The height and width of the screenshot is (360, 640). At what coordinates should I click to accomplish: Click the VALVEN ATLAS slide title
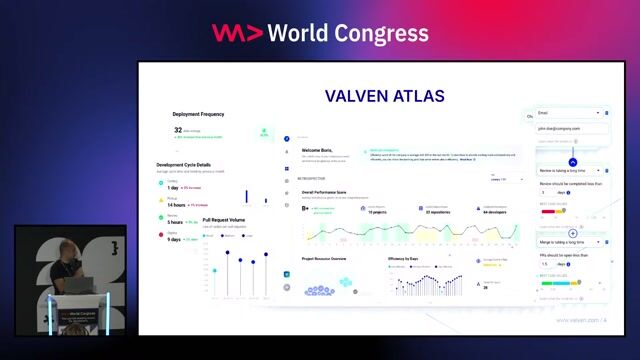click(384, 97)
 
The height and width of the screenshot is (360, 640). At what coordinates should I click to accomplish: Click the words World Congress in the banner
click(351, 33)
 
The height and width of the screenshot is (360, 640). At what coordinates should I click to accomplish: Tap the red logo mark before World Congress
click(237, 33)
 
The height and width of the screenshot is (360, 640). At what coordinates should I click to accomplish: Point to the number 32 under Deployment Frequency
click(178, 130)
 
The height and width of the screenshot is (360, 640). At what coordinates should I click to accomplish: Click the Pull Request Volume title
click(223, 220)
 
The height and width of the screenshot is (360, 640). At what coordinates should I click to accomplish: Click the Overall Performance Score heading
click(338, 191)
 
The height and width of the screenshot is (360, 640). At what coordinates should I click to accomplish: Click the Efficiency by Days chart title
click(402, 259)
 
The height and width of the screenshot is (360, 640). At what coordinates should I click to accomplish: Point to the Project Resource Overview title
click(324, 259)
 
